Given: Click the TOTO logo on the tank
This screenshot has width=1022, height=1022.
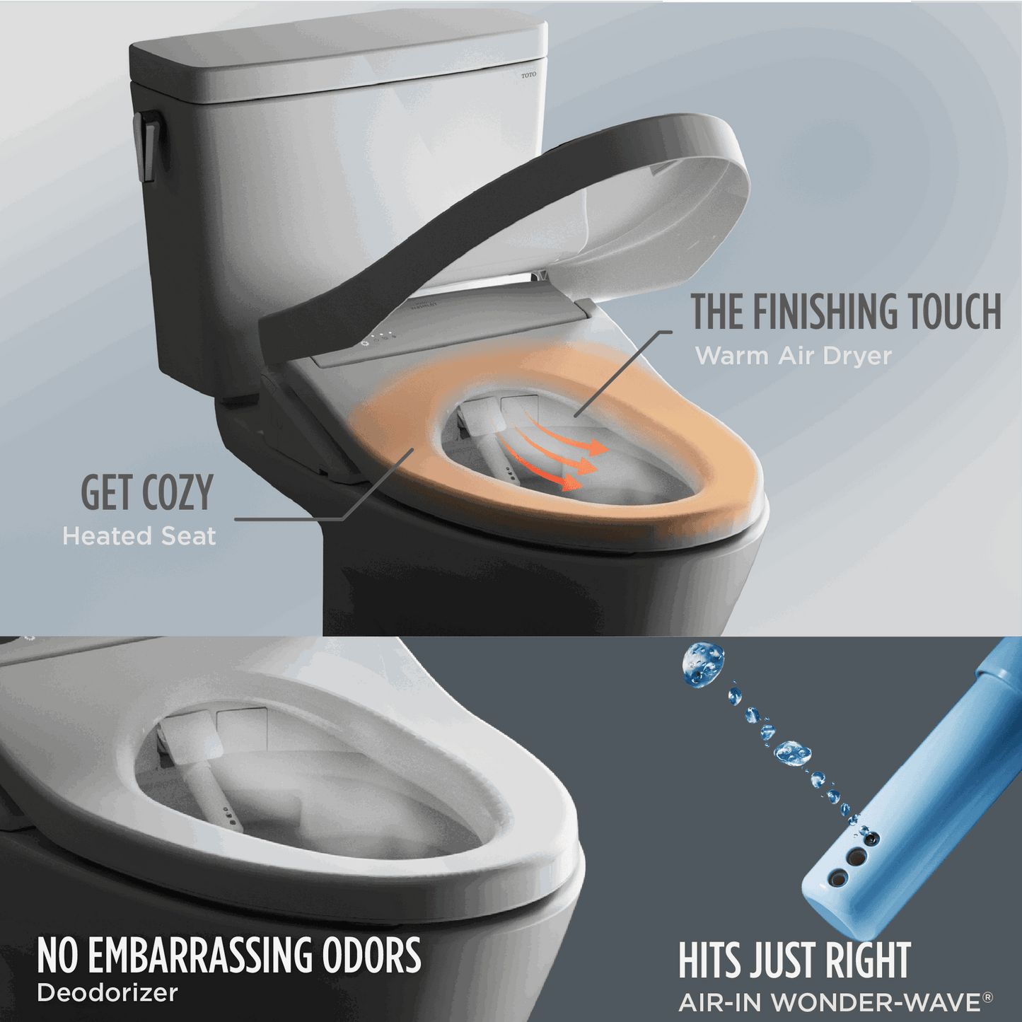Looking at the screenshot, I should [528, 75].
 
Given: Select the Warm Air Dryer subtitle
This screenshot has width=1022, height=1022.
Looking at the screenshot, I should [793, 356].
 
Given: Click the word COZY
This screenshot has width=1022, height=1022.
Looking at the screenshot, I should [177, 493].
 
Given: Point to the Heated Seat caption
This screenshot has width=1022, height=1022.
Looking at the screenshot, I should [139, 536].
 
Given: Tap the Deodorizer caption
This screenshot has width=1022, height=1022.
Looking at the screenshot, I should [108, 993].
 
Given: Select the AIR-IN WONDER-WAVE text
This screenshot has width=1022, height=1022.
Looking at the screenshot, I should [830, 1002].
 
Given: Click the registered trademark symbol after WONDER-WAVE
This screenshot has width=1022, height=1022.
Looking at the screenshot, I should [988, 997].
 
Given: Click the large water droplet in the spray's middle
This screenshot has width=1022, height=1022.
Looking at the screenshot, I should [792, 753].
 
